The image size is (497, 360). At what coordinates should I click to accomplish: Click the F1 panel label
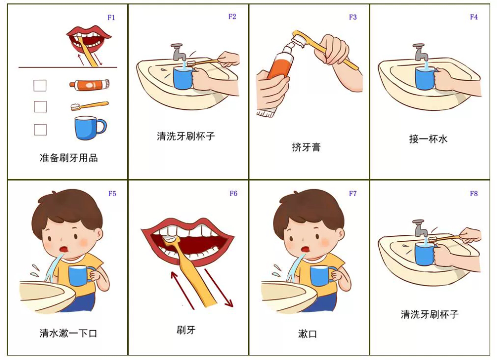click(111, 17)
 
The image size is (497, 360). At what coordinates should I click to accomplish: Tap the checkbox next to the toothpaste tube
click(40, 85)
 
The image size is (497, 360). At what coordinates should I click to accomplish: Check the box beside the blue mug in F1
click(40, 130)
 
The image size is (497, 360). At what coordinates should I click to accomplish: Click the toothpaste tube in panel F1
click(89, 84)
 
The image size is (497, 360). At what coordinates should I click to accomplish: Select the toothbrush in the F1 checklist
click(89, 105)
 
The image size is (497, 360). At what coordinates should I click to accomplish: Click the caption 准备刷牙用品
click(69, 158)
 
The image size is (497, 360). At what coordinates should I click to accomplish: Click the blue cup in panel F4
click(425, 77)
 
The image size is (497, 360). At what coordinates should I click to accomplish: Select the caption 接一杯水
click(428, 139)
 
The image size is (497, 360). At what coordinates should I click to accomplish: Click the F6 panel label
click(233, 193)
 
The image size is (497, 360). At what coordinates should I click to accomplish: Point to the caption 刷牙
click(186, 330)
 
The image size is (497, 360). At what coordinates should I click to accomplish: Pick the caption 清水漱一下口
click(68, 333)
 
